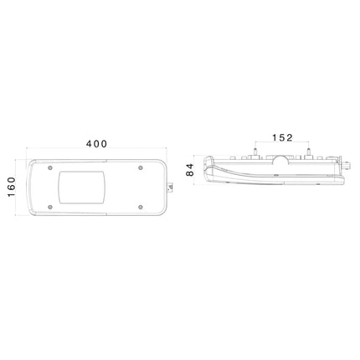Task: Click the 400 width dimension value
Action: pyautogui.click(x=96, y=144)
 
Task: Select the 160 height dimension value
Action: pyautogui.click(x=12, y=187)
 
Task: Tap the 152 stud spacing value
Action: pyautogui.click(x=282, y=137)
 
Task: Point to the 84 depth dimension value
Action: pyautogui.click(x=190, y=170)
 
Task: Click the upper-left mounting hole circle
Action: pyautogui.click(x=50, y=167)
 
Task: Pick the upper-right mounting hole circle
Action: pyautogui.click(x=141, y=167)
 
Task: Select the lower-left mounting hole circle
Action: pyautogui.click(x=50, y=207)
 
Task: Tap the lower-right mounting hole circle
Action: pyautogui.click(x=141, y=207)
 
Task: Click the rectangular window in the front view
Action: pyautogui.click(x=82, y=188)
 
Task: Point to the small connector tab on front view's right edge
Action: pyautogui.click(x=170, y=188)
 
